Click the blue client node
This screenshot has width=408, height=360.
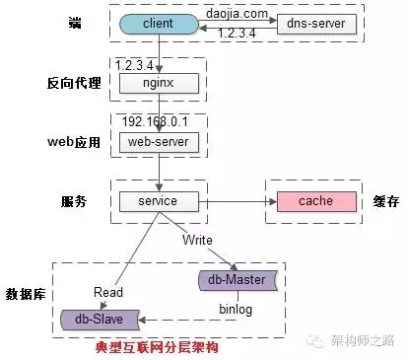(x=159, y=23)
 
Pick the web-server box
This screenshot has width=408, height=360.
(x=158, y=141)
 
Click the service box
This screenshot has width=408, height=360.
(x=158, y=201)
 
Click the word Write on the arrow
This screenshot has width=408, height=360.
(x=196, y=240)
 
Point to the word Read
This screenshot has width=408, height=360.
(x=107, y=292)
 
